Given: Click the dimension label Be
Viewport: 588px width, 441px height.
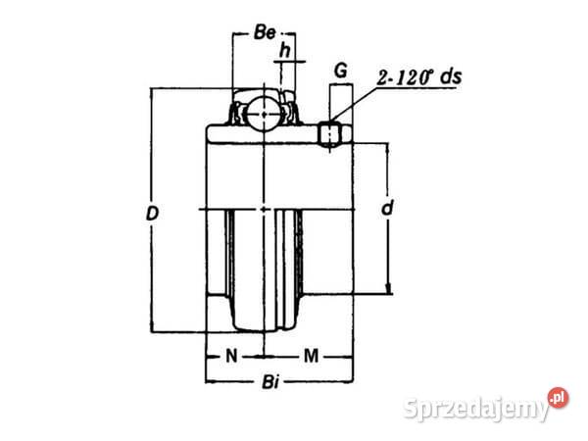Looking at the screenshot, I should [263, 32].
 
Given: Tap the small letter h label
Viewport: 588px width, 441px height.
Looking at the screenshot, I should [285, 49].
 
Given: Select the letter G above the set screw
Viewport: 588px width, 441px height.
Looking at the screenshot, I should [340, 71].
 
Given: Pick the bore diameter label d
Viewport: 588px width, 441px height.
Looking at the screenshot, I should [388, 208].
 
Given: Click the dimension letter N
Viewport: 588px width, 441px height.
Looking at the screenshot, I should [232, 355].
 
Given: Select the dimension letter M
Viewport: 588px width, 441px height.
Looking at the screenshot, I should [310, 355].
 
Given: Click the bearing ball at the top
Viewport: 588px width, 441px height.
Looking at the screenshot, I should [264, 116].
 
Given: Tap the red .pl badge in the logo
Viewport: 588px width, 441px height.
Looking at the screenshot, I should [560, 397].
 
